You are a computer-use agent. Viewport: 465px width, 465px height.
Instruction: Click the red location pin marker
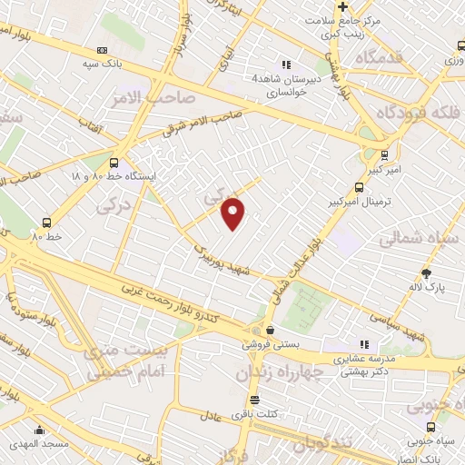pos(234,213)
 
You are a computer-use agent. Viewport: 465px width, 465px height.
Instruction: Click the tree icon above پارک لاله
pos(427,272)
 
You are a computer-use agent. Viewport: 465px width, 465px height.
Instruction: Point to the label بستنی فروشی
pos(268,345)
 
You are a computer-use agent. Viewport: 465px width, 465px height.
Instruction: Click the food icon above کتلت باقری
pos(254,401)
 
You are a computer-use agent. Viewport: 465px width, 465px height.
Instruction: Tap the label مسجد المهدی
pos(38,445)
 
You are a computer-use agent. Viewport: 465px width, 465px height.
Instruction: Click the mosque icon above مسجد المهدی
pos(38,430)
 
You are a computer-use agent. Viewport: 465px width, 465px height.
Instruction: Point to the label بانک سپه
pos(102,64)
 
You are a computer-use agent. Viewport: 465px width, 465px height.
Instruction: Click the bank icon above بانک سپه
pos(102,50)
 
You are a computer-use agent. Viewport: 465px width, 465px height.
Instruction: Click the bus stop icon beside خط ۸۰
pos(46,223)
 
